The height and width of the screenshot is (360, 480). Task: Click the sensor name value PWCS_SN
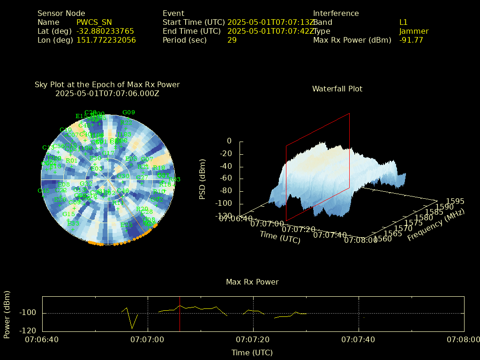[x=94, y=22]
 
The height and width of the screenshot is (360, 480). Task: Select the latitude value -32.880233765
[x=105, y=31]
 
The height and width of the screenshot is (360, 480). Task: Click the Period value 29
[x=232, y=40]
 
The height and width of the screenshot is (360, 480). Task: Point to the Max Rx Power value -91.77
[x=411, y=40]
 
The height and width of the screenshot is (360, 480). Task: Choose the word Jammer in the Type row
[x=414, y=31]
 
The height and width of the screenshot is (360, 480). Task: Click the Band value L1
[x=404, y=22]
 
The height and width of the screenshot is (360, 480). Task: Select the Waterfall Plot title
[x=337, y=89]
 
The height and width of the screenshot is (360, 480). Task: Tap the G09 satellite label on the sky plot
[x=128, y=112]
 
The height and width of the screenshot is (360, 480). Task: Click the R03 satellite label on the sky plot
[x=175, y=180]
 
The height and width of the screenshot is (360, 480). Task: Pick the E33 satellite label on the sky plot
[x=73, y=224]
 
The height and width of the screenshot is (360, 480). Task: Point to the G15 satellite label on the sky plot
[x=69, y=214]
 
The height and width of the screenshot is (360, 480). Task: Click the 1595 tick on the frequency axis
[x=455, y=201]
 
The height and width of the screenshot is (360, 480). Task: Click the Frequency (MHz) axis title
[x=435, y=225]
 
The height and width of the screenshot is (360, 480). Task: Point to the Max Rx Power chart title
[x=252, y=282]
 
